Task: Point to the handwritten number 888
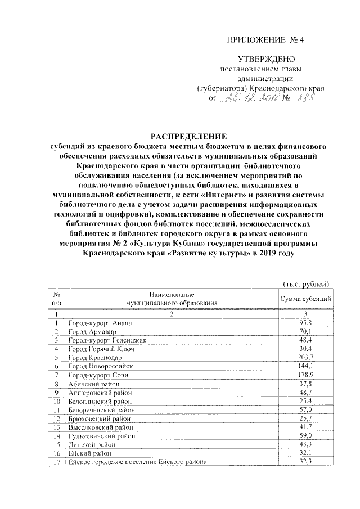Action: click(307, 99)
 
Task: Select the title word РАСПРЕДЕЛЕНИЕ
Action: click(186, 136)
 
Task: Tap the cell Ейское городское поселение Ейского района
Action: click(137, 462)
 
